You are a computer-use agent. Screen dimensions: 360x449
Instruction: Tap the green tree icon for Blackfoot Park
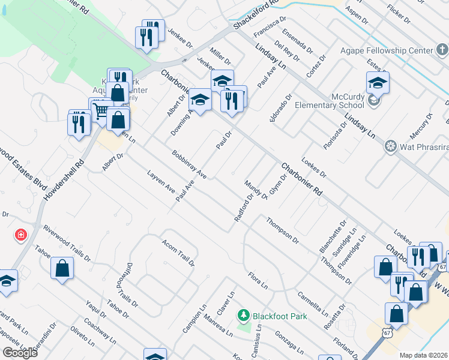point(243,315)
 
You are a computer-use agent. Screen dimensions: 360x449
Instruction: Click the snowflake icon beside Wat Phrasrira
point(391,146)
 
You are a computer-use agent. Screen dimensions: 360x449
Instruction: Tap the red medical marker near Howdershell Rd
point(21,235)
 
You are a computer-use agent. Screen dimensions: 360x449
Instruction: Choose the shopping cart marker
point(100,110)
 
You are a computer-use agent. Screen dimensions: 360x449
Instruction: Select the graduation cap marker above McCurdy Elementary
point(378,83)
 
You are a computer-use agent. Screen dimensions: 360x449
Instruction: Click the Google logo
point(20,353)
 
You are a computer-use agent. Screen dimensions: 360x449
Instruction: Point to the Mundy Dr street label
point(256,190)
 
